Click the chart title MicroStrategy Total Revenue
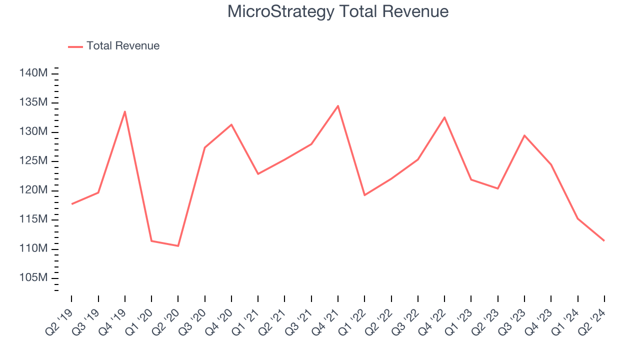tap(338, 11)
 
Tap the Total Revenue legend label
tap(123, 46)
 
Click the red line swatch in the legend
tap(75, 46)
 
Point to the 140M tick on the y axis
tap(33, 73)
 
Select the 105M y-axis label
tap(33, 278)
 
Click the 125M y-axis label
tap(33, 161)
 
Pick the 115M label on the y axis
tap(33, 219)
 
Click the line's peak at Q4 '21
tap(338, 106)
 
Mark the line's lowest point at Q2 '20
tap(178, 245)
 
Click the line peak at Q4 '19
tap(124, 111)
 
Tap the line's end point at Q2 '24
tap(604, 240)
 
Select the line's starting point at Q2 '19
tap(71, 204)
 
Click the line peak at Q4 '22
tap(444, 117)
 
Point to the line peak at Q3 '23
tap(524, 135)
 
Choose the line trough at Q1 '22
tap(364, 195)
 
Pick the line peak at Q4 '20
tap(231, 124)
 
